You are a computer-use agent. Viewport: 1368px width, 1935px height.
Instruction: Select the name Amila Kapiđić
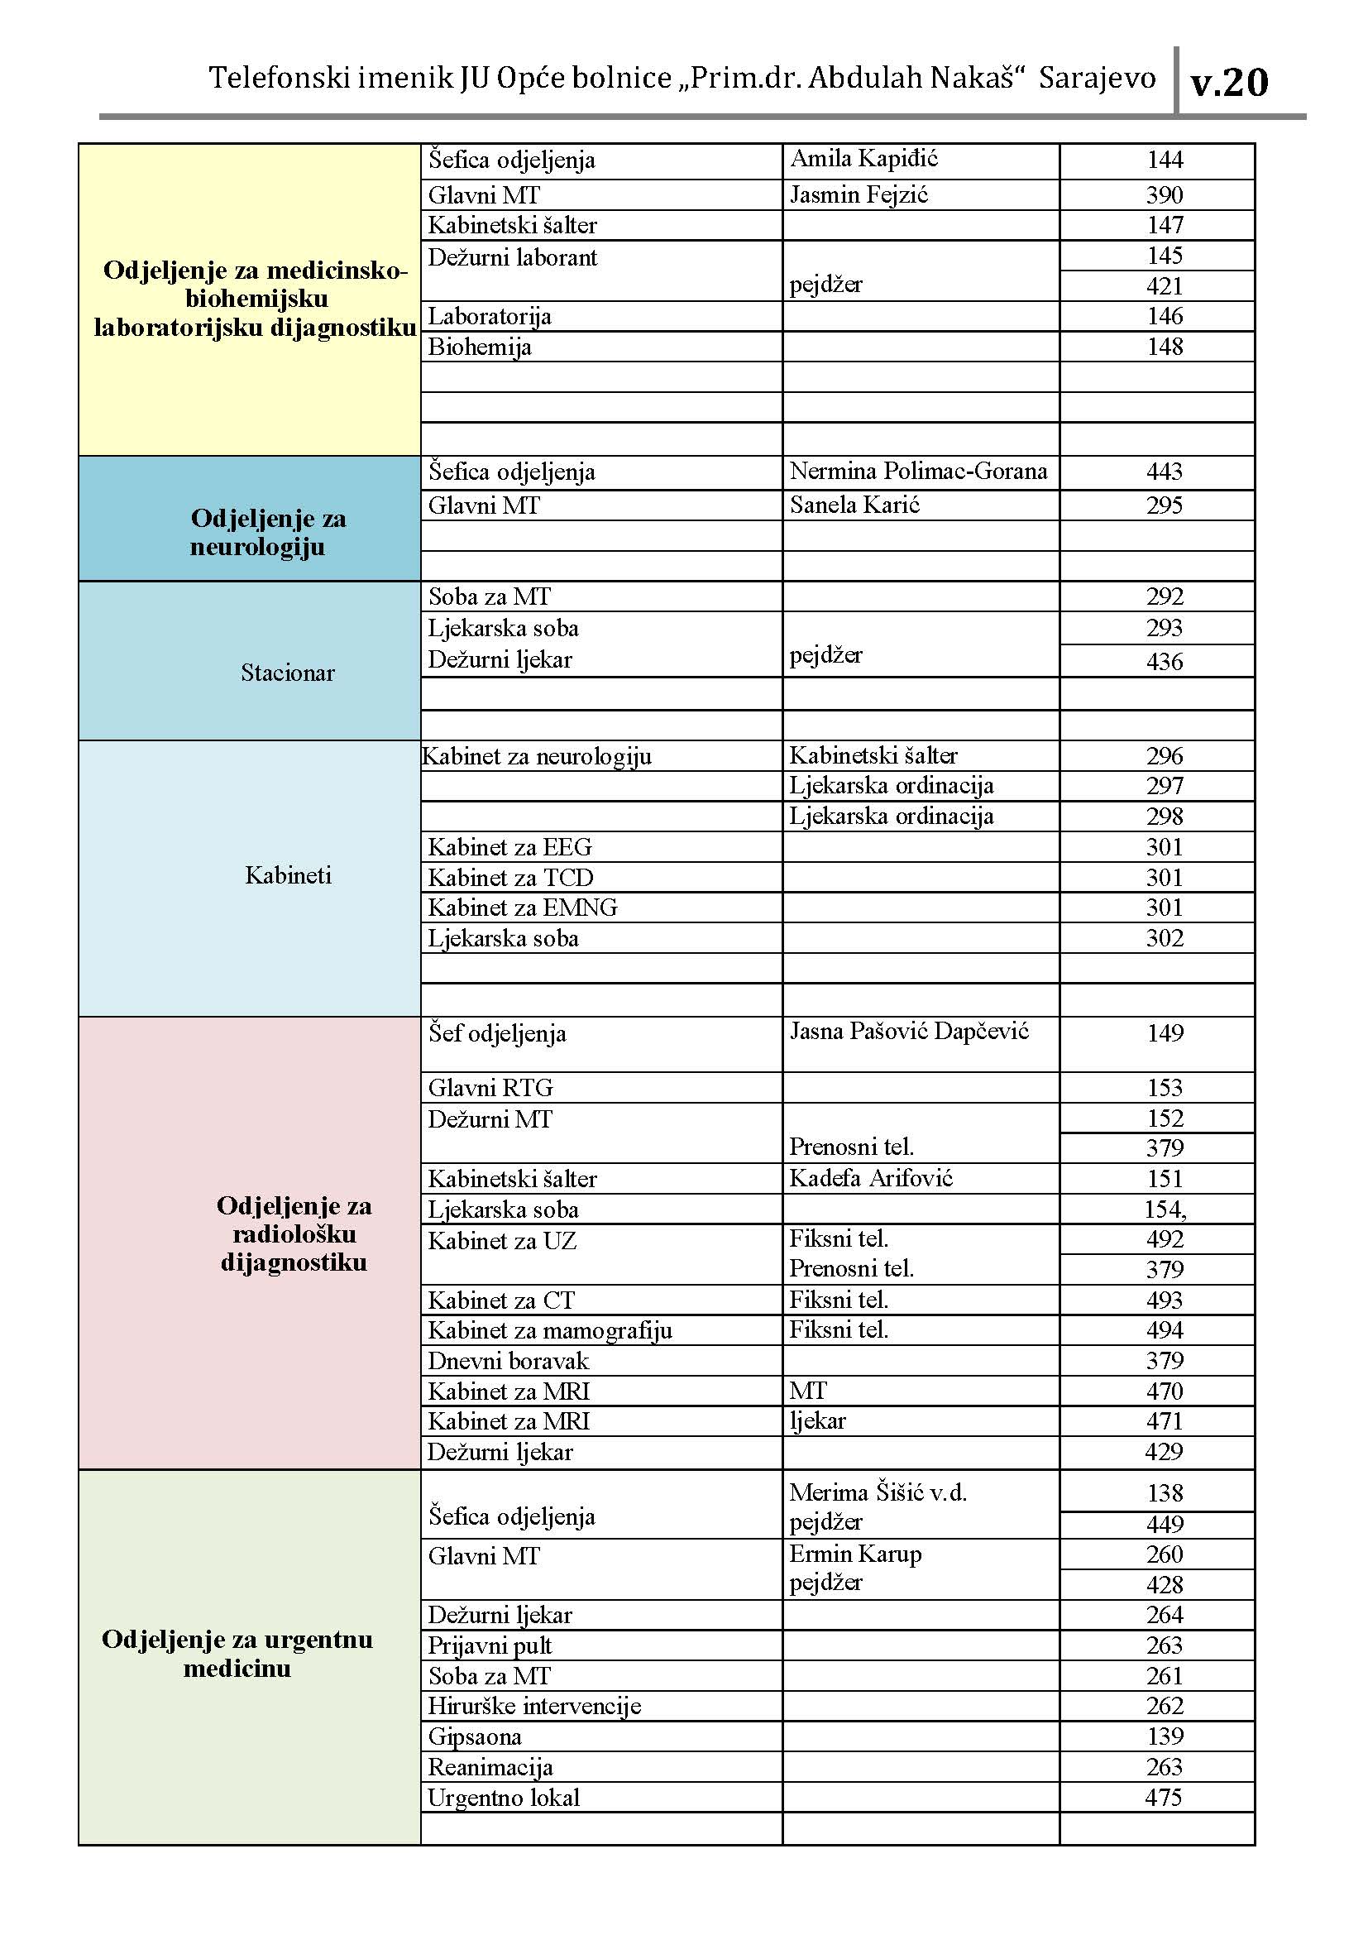(x=863, y=159)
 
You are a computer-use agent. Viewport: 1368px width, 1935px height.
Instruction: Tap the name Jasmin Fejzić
(x=859, y=195)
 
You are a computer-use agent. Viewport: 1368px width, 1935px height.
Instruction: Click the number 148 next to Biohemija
(x=1165, y=347)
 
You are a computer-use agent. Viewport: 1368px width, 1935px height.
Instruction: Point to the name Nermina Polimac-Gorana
(x=918, y=471)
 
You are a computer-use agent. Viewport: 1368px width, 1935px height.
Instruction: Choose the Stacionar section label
(x=287, y=673)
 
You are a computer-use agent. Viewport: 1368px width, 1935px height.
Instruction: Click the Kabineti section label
(x=288, y=875)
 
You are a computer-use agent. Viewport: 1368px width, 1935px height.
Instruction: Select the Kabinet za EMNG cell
(x=522, y=908)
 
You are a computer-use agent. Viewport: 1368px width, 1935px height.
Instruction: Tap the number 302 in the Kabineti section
(x=1165, y=938)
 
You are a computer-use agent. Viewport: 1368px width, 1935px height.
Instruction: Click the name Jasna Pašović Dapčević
(x=909, y=1032)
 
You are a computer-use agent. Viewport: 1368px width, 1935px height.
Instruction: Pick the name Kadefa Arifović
(x=870, y=1178)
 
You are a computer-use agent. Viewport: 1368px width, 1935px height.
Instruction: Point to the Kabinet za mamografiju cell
(x=549, y=1330)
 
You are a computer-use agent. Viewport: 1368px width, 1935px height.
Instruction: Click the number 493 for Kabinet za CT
(x=1165, y=1300)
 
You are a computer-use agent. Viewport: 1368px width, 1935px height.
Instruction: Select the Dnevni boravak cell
(x=508, y=1360)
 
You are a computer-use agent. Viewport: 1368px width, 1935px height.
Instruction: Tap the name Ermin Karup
(x=855, y=1554)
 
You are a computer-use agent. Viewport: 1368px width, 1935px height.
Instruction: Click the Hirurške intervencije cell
(x=534, y=1706)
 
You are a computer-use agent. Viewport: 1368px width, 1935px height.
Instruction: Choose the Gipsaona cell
(x=474, y=1736)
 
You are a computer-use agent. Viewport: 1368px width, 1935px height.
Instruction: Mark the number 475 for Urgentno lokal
(x=1165, y=1797)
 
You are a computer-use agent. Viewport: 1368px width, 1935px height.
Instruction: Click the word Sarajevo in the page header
(x=1097, y=79)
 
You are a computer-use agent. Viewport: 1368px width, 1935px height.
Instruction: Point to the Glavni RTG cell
(x=490, y=1088)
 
